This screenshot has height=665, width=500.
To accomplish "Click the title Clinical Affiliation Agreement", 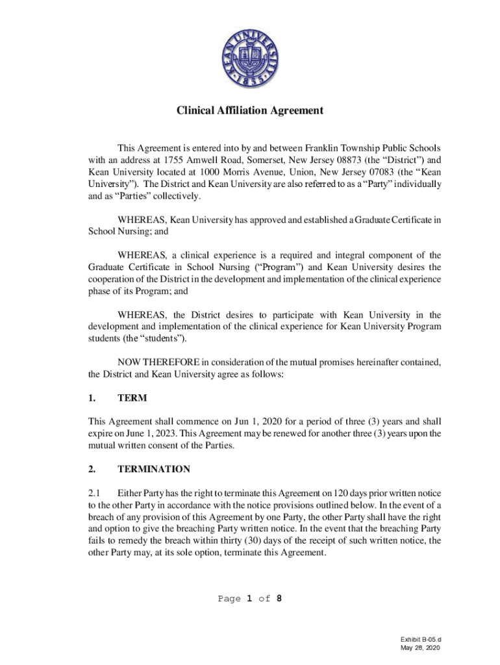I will (x=250, y=111).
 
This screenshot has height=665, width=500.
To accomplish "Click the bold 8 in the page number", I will (x=279, y=599).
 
